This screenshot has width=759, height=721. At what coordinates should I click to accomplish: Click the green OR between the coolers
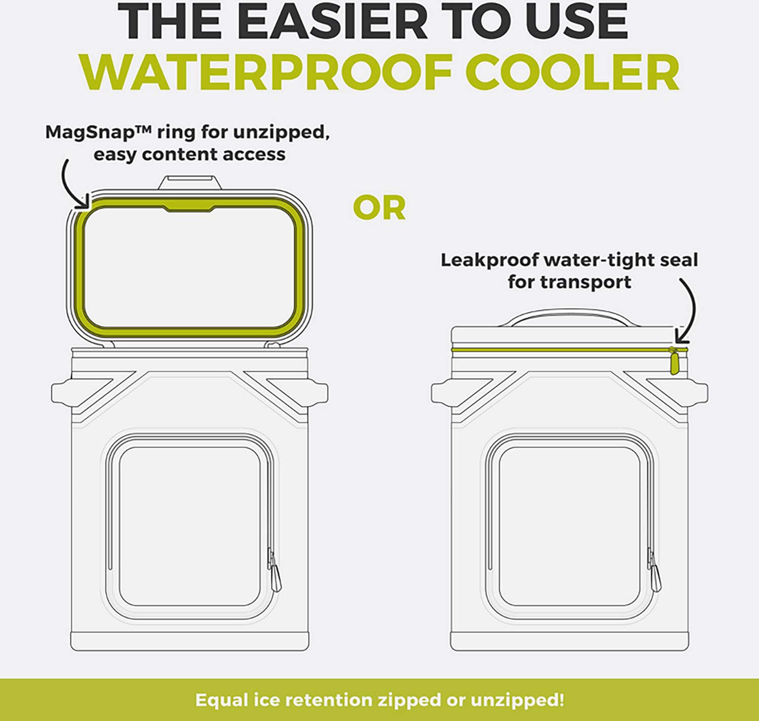click(379, 208)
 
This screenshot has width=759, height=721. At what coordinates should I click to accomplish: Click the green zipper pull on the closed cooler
click(673, 361)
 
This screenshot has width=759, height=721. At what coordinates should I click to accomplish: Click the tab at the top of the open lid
click(190, 183)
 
